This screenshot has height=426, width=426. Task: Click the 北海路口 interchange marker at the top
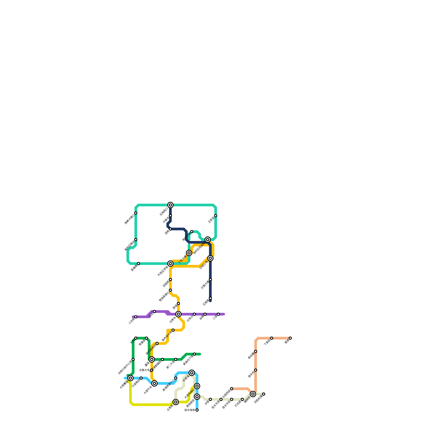170,205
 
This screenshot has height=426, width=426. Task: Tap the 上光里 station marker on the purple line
136,317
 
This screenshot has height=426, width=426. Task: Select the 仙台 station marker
154,312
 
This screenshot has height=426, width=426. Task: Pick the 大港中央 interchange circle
154,383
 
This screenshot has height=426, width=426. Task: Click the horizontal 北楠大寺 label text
144,370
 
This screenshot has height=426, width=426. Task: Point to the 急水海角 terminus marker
197,410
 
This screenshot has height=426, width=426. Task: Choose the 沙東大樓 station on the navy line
210,280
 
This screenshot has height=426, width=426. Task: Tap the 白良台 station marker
194,314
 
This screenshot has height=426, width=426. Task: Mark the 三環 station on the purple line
218,314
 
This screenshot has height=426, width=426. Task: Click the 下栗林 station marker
272,338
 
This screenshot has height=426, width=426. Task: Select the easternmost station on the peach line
290,338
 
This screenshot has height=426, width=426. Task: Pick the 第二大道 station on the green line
176,359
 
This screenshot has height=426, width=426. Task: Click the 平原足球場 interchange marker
170,264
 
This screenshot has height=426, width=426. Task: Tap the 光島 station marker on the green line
136,338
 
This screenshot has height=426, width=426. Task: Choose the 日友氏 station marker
242,399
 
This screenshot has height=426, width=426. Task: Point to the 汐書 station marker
210,399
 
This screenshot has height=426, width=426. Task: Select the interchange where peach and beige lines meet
253,394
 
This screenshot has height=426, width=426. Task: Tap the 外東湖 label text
186,378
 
